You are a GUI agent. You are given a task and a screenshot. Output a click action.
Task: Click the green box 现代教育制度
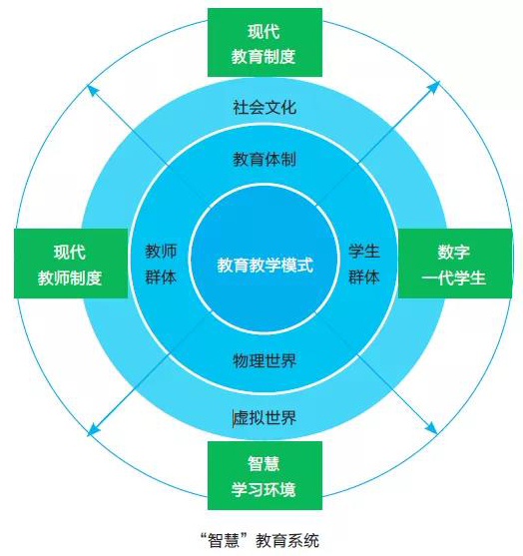(264, 43)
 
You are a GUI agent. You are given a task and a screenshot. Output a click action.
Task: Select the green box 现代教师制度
(71, 264)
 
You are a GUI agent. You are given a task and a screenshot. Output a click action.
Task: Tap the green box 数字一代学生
(455, 264)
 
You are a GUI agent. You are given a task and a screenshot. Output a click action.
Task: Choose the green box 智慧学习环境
(264, 475)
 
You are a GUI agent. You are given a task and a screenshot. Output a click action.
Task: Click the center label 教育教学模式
(265, 265)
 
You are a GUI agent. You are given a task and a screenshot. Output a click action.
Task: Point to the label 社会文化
(264, 107)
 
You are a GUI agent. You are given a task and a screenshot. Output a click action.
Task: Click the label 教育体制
(264, 159)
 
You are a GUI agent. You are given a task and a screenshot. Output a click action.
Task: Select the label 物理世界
(264, 361)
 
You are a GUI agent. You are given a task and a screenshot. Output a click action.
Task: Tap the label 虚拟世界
(264, 417)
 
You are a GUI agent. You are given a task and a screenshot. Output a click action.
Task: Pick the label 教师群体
(161, 265)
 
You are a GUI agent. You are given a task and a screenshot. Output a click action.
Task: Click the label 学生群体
(364, 265)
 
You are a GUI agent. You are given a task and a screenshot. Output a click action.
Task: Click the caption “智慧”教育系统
(260, 541)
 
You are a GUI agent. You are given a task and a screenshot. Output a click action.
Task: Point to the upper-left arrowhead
(92, 90)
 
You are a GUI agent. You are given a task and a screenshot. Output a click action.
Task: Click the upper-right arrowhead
(434, 87)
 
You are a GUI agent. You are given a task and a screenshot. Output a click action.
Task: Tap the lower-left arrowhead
(92, 429)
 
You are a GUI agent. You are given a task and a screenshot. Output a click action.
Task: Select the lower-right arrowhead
(432, 428)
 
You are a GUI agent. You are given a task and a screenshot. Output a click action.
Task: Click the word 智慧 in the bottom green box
(263, 463)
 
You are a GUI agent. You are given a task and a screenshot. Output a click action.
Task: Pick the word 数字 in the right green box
(454, 252)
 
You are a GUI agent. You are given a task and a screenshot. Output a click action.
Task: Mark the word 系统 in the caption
(303, 541)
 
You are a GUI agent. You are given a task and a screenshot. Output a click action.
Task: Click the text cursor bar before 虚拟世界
(234, 418)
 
